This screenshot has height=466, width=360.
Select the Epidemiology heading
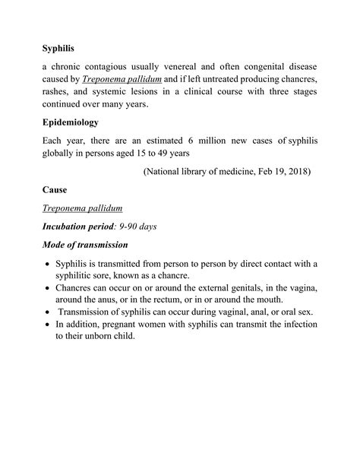[76, 122]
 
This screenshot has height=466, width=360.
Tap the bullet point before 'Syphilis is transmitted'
[47, 265]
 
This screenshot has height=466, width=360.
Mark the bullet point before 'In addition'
[47, 325]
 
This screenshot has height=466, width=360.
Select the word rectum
[172, 301]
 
